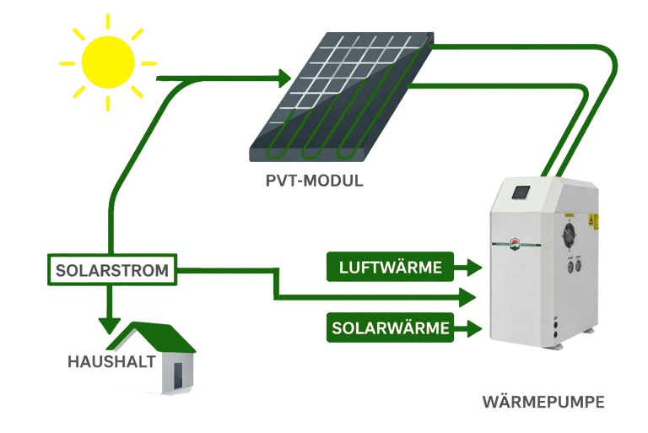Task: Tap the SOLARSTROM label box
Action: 111,272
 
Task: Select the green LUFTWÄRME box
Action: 391,268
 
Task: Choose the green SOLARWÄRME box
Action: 391,327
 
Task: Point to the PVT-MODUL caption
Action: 313,181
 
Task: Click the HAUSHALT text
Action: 111,362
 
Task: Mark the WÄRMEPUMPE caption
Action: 543,402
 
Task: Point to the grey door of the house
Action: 179,372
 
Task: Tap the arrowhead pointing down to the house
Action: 109,325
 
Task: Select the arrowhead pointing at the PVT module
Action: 285,79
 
